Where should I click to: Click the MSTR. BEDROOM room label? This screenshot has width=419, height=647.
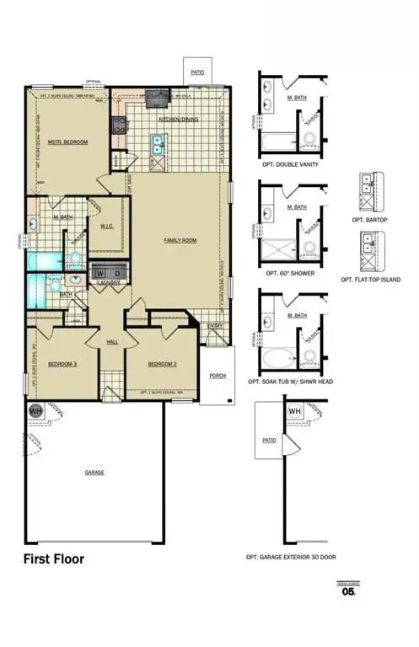tap(68, 142)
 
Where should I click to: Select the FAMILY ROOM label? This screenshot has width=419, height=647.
tap(180, 240)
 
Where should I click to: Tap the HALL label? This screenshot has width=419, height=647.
tap(112, 341)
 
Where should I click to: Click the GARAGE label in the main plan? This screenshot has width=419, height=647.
tap(94, 472)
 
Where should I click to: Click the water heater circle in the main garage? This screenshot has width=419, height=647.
tap(36, 410)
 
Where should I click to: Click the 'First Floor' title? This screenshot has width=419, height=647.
tap(53, 559)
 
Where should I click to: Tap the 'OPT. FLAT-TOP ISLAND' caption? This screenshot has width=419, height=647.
tap(371, 279)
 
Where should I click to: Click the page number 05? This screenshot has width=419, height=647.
tap(348, 591)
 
